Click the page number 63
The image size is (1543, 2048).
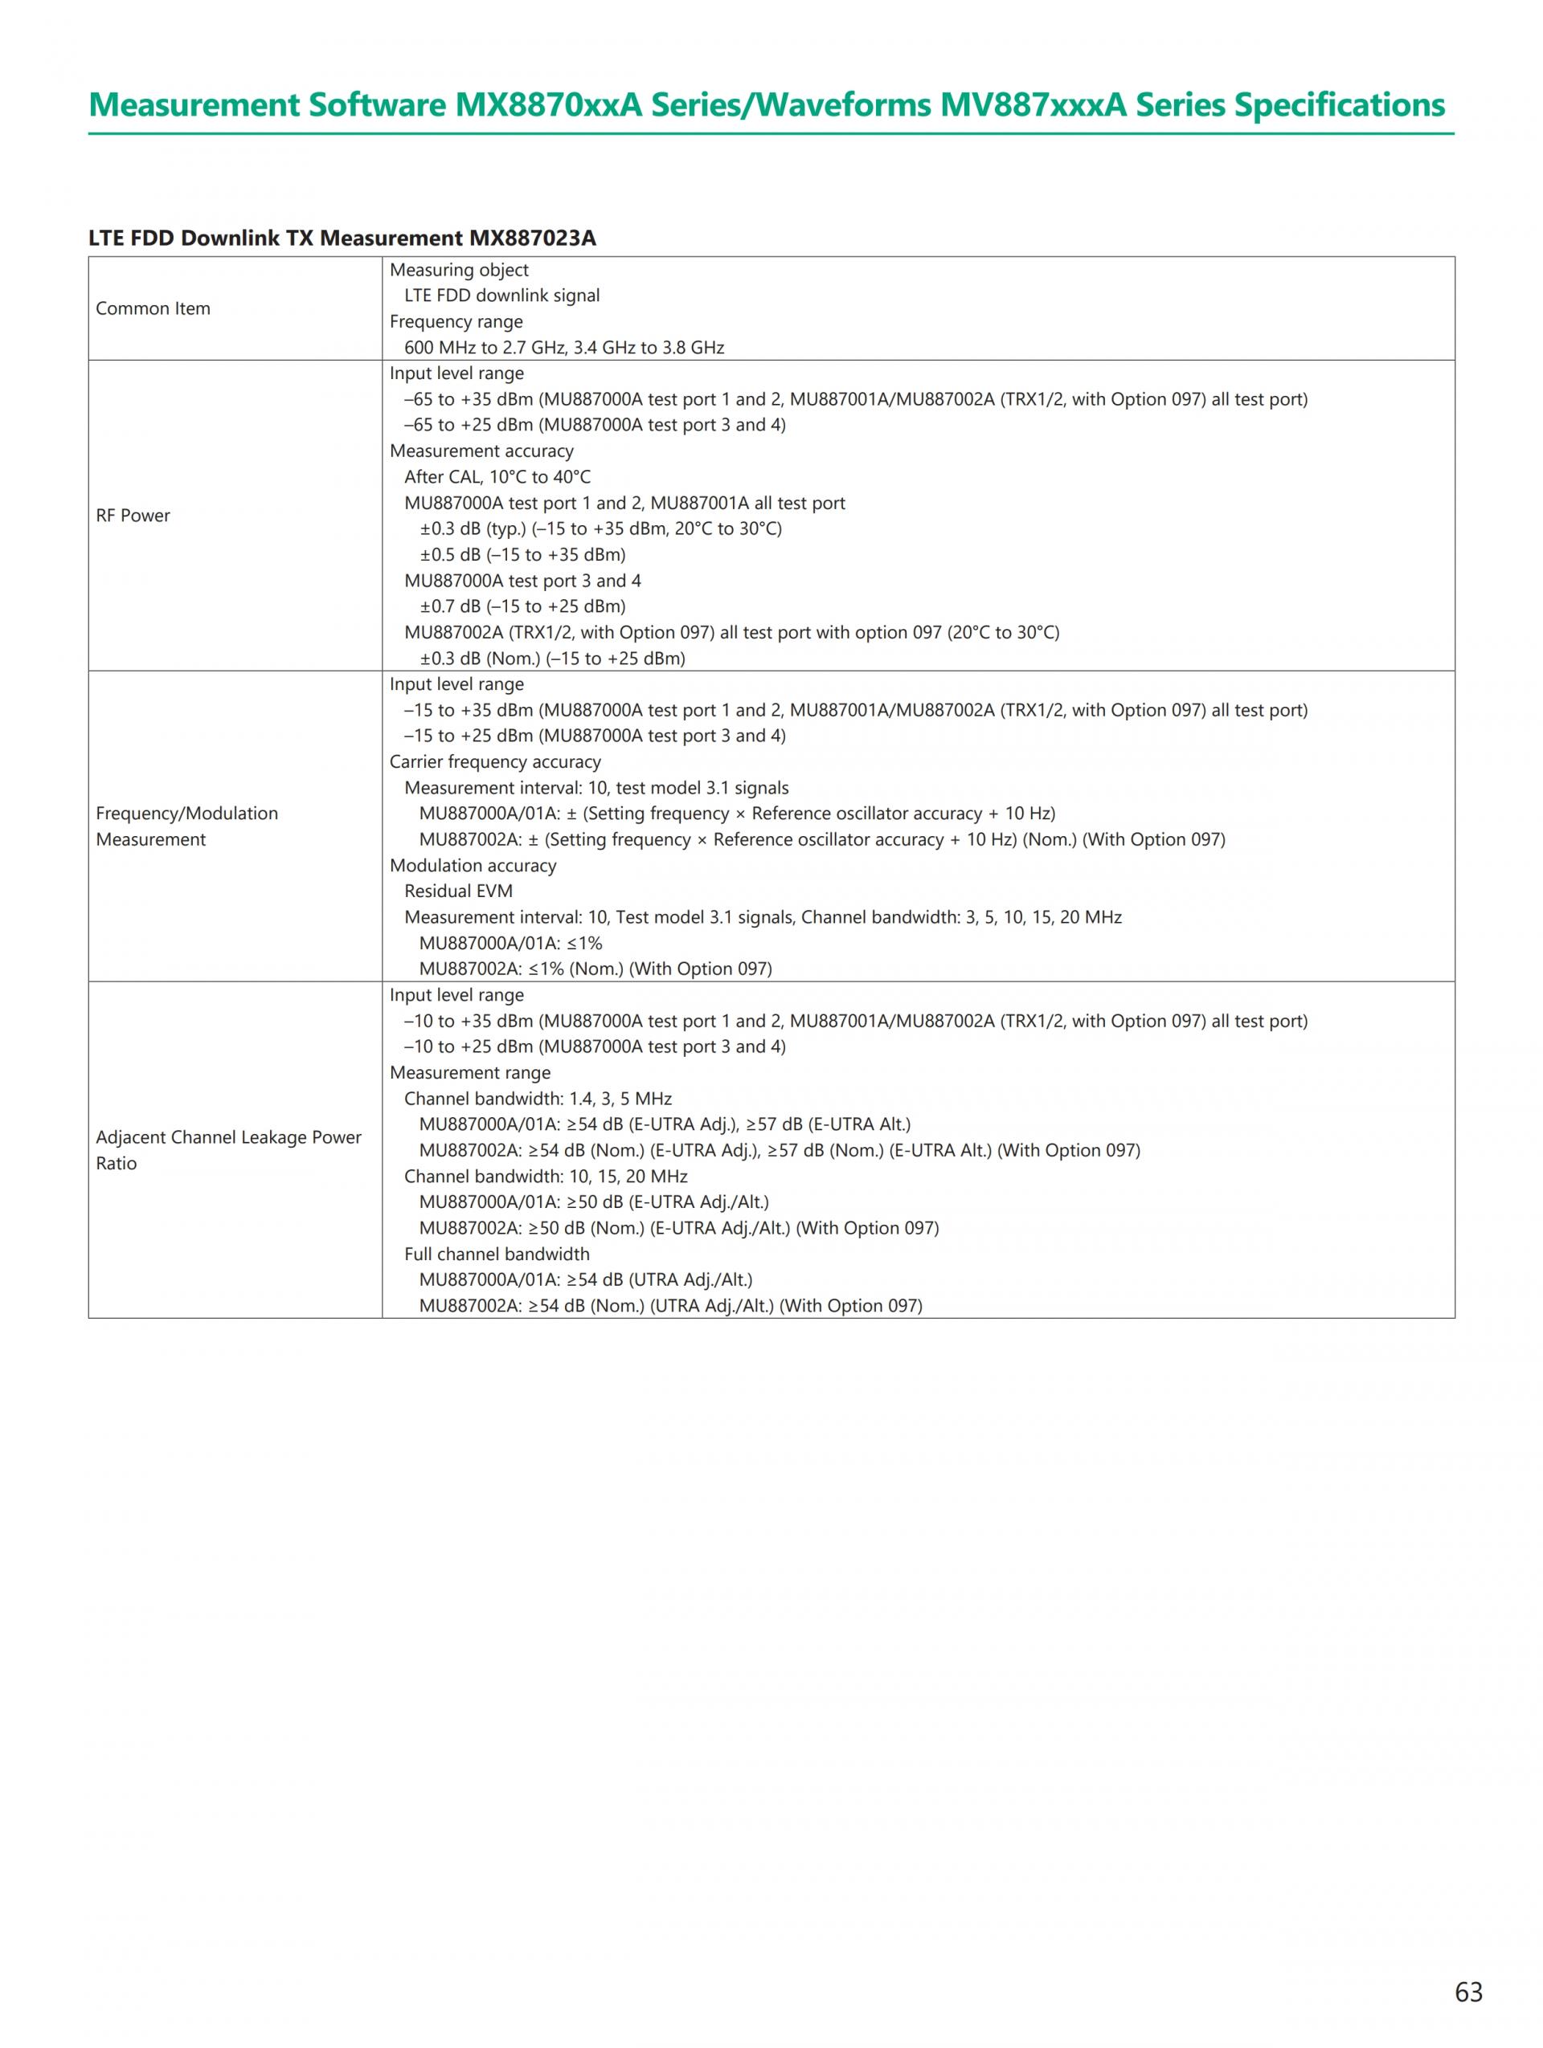click(1468, 1992)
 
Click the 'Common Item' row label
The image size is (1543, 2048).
click(153, 308)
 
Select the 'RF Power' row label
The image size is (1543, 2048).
click(133, 516)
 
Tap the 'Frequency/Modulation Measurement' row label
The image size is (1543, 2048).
click(186, 826)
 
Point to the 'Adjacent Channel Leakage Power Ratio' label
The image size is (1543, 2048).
click(228, 1150)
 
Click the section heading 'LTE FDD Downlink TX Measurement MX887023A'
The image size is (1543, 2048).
click(342, 238)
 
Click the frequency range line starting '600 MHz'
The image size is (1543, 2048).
click(563, 347)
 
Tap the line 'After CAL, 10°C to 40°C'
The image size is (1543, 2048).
click(497, 477)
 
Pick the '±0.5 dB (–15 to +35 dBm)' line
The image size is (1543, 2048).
click(522, 555)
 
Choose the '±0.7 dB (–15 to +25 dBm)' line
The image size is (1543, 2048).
click(522, 606)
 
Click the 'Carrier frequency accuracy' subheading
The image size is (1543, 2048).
click(494, 762)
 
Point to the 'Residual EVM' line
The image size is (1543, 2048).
click(457, 891)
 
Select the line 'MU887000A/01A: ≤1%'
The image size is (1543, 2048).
click(510, 943)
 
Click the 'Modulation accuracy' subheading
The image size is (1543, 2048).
click(473, 866)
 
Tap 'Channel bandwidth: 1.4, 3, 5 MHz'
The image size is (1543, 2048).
click(537, 1098)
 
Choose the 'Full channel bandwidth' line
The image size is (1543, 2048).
click(497, 1254)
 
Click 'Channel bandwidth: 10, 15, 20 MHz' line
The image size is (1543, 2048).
click(546, 1176)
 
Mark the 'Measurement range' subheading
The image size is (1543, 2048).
click(469, 1072)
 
